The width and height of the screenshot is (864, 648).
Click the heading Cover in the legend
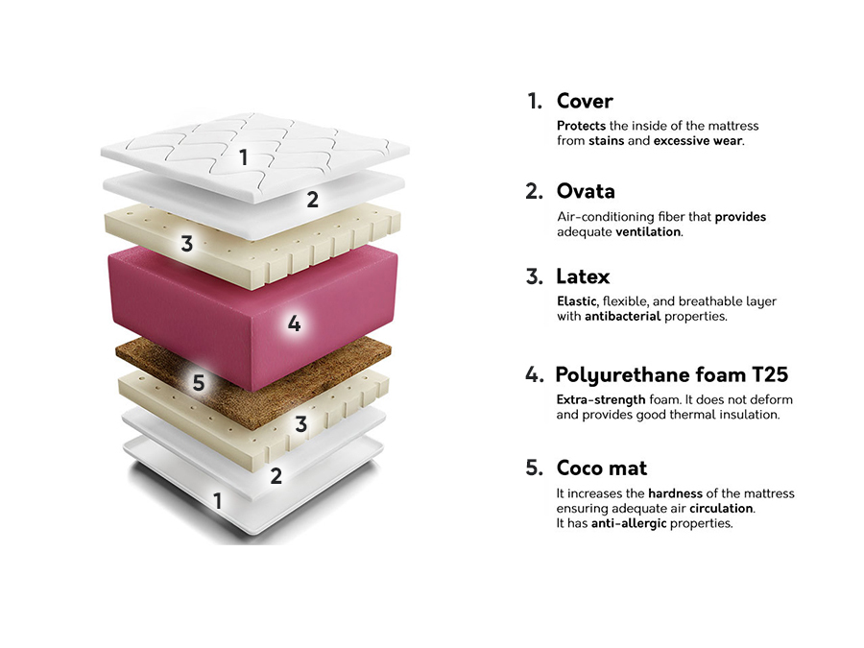tap(585, 101)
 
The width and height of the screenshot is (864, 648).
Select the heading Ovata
tap(586, 191)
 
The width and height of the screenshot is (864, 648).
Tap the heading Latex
tap(583, 276)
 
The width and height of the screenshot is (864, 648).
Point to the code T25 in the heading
tap(770, 374)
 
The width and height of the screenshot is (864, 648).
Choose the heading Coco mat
tap(602, 468)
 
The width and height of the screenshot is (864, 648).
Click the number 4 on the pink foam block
tap(295, 323)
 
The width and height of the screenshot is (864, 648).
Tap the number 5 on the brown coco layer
tap(199, 382)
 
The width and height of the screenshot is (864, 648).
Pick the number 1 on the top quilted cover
tap(243, 157)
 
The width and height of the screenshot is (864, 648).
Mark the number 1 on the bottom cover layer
tap(218, 501)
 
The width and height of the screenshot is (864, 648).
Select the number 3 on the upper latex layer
tap(187, 244)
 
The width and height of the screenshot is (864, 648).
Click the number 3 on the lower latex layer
tap(300, 424)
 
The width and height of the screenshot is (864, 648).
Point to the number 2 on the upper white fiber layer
tap(312, 200)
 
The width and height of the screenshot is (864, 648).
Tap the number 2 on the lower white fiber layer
tap(276, 476)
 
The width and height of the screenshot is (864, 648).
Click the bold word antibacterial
tap(623, 316)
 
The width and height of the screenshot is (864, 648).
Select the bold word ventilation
tap(649, 232)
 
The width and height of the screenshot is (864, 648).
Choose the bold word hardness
tap(675, 493)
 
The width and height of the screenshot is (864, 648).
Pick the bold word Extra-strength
tap(601, 400)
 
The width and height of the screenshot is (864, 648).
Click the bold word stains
tap(606, 140)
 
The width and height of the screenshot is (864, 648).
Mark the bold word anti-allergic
tap(629, 523)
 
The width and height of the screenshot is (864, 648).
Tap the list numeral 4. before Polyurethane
tap(534, 374)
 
